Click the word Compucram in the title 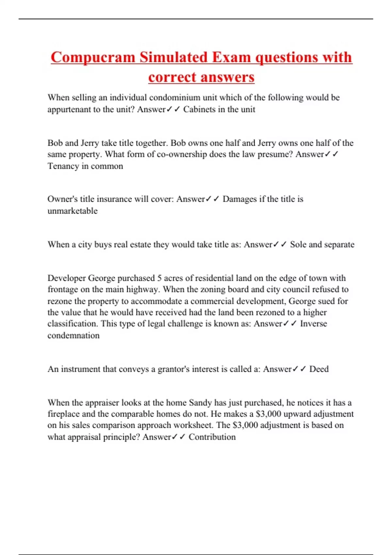tap(93, 57)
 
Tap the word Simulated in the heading tap(173, 57)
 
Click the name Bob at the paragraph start tap(55, 143)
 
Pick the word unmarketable tap(73, 211)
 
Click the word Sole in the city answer tap(298, 245)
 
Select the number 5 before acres tap(159, 278)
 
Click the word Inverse tap(313, 324)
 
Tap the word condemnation tap(73, 336)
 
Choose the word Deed tap(319, 369)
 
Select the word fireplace tap(63, 414)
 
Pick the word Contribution tap(212, 437)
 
